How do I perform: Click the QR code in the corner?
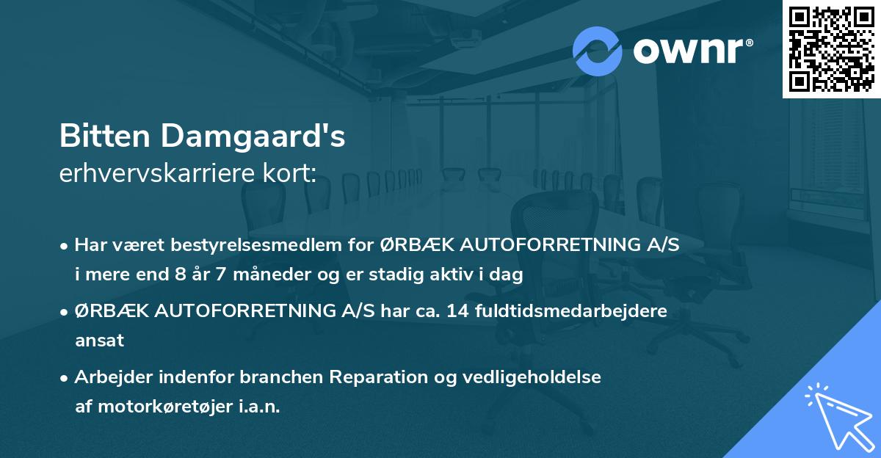tap(831, 48)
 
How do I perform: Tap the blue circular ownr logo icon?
tap(597, 51)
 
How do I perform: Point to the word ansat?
tap(99, 341)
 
